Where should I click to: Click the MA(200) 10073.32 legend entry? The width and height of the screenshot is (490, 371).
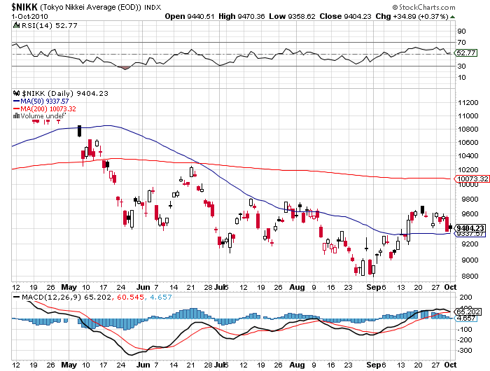48,108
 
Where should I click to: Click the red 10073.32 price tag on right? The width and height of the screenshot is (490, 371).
470,179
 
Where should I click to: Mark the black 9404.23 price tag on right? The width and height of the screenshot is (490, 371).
470,227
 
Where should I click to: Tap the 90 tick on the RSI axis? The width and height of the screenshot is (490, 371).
462,31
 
